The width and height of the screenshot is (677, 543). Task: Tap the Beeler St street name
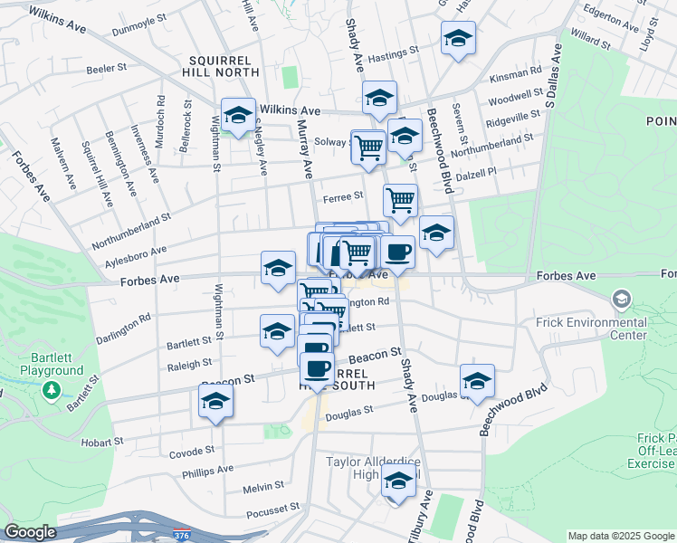(x=106, y=69)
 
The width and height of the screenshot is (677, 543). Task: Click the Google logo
(x=31, y=532)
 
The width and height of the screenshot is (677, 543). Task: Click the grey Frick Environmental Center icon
(x=621, y=298)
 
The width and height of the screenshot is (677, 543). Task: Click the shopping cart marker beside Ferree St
(x=400, y=198)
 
